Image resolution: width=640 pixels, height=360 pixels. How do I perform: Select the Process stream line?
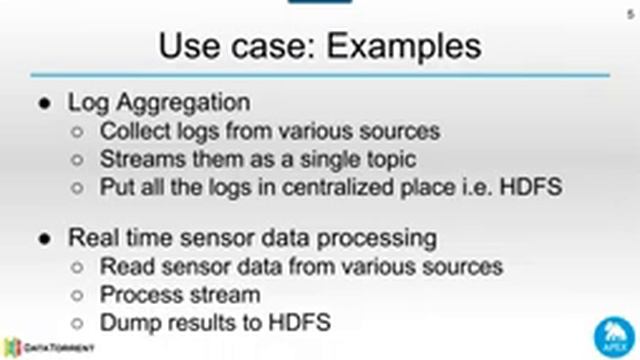tap(180, 295)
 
